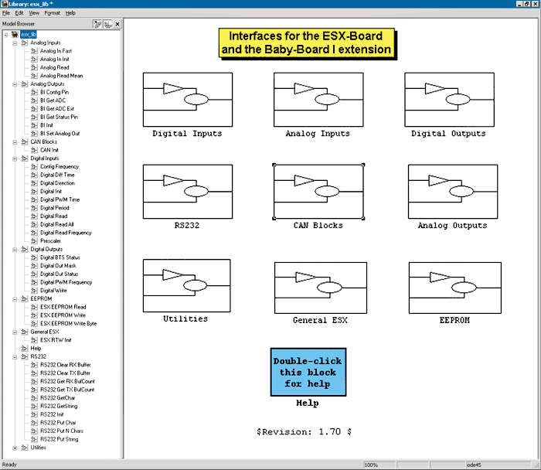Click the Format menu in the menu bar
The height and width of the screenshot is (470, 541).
(x=52, y=13)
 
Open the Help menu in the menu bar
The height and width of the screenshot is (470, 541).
(x=70, y=13)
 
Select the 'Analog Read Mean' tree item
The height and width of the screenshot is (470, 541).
(x=61, y=76)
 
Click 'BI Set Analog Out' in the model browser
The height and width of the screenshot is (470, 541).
(x=60, y=133)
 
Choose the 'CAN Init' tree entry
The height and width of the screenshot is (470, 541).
(x=49, y=150)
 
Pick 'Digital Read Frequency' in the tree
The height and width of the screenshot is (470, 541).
(x=66, y=233)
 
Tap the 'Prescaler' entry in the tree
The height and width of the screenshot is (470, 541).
(x=50, y=241)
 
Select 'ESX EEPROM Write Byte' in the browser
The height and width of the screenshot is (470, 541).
(x=68, y=323)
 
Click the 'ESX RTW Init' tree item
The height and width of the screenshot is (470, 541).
(x=56, y=340)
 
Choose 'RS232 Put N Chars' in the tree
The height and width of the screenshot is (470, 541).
(x=61, y=431)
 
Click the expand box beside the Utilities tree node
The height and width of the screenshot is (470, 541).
(x=15, y=448)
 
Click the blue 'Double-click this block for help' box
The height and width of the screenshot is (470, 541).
(x=308, y=372)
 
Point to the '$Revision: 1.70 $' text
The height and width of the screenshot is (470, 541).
(x=304, y=431)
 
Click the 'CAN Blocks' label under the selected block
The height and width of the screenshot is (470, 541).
(x=318, y=226)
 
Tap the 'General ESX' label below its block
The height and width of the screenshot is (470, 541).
(x=320, y=320)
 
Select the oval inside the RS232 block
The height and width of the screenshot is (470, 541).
(x=196, y=191)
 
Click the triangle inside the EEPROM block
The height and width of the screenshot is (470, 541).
(x=440, y=277)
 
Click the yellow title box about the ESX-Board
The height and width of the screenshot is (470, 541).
(x=307, y=43)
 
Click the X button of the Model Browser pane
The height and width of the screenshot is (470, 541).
(x=117, y=24)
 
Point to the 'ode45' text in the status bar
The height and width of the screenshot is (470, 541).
(x=474, y=465)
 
